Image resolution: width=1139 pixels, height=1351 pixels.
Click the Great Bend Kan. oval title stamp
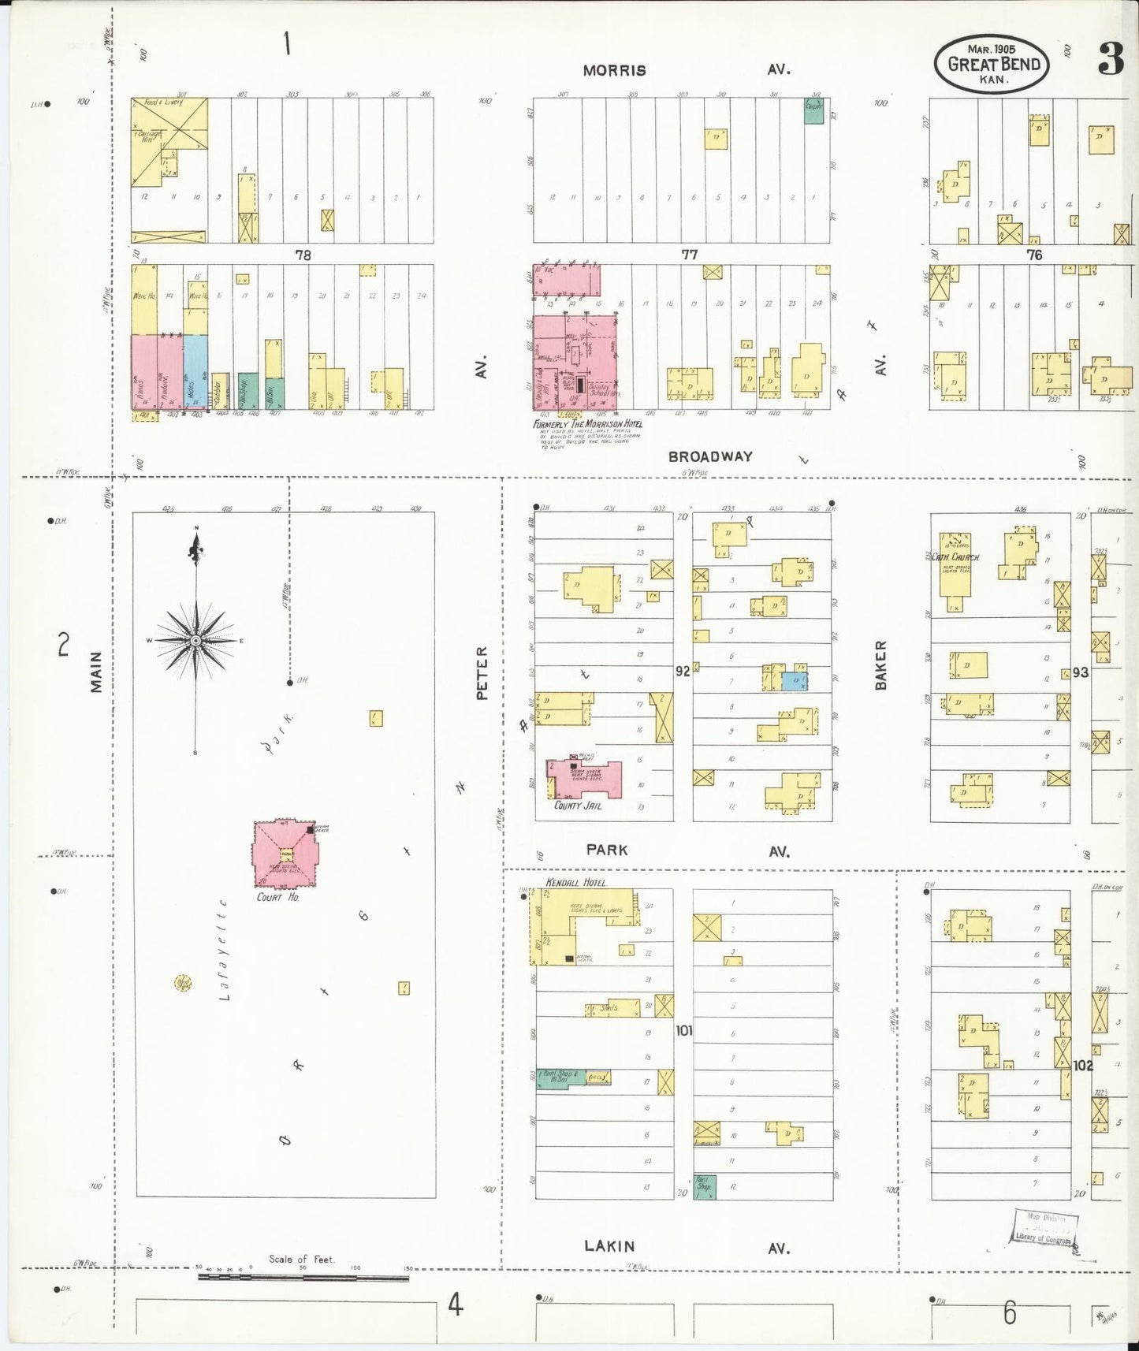(x=992, y=64)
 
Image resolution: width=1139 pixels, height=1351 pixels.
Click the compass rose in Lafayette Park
(x=195, y=640)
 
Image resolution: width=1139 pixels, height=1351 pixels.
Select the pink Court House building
(x=285, y=854)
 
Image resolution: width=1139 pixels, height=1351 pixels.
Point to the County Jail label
(x=579, y=806)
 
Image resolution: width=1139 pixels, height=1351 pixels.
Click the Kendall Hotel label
(x=576, y=882)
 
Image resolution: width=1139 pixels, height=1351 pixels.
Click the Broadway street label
(x=710, y=456)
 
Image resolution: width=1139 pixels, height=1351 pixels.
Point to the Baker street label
(x=880, y=664)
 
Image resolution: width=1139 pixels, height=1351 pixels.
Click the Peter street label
(x=482, y=672)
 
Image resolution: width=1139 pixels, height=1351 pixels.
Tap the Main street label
(x=96, y=671)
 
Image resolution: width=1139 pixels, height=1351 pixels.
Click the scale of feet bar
(x=303, y=1277)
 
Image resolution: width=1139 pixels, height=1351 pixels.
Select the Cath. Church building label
(x=955, y=556)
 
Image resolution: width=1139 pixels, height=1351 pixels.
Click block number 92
(x=683, y=671)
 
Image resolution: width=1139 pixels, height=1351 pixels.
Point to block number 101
(x=683, y=1029)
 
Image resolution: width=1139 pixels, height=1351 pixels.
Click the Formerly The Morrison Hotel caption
(x=587, y=424)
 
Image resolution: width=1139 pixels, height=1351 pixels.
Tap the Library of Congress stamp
(x=1044, y=1228)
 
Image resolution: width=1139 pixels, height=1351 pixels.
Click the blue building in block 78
(x=195, y=371)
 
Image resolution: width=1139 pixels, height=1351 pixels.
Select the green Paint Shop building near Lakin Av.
(x=704, y=1186)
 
